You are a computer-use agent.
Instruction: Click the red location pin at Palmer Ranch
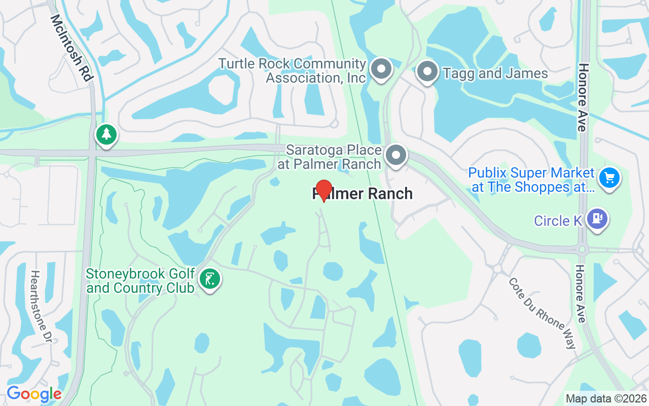(323, 190)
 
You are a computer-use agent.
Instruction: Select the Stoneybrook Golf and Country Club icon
(209, 279)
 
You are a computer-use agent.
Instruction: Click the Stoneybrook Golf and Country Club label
(140, 281)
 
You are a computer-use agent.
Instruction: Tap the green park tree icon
(106, 135)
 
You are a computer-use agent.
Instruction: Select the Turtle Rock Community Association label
(292, 71)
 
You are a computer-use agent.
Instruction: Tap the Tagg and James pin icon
(427, 72)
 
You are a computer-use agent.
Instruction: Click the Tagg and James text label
(495, 74)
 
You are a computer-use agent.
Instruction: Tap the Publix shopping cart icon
(609, 178)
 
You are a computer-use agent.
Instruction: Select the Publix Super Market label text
(531, 180)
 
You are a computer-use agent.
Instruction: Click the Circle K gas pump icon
(597, 219)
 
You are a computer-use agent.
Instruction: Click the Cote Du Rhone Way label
(543, 313)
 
